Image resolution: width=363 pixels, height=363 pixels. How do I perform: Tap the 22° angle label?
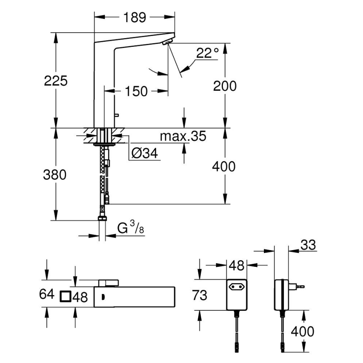(x=207, y=53)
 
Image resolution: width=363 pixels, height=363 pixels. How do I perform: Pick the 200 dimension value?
(x=225, y=86)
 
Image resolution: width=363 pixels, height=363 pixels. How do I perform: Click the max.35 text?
(x=183, y=136)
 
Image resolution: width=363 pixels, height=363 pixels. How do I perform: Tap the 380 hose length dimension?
(x=55, y=175)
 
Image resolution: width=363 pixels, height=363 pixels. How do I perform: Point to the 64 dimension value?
(x=47, y=294)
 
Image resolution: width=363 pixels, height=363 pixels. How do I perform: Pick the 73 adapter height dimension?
(x=200, y=296)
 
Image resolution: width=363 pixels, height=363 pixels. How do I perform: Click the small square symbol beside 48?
(x=65, y=297)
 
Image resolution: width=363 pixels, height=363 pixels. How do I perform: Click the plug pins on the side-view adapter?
(x=299, y=286)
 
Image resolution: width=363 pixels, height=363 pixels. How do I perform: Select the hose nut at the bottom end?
(x=102, y=218)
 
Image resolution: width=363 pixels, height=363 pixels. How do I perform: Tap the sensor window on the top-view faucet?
(x=101, y=297)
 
